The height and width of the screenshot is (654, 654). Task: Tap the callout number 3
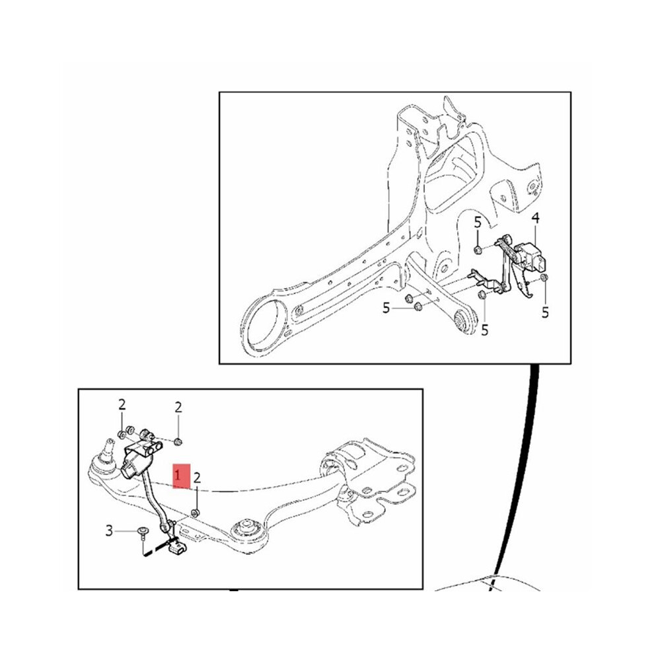tap(109, 531)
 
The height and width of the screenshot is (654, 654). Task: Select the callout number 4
tap(535, 218)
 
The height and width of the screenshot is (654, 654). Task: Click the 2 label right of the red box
tap(198, 478)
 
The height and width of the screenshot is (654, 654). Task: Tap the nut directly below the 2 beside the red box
tap(195, 512)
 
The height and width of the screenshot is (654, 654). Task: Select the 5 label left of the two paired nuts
tap(386, 309)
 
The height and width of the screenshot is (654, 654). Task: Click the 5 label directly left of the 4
tap(478, 223)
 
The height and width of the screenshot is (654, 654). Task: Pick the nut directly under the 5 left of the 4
tap(478, 250)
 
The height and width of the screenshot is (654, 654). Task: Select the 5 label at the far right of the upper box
tap(545, 312)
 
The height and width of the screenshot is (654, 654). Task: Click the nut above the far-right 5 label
tap(544, 277)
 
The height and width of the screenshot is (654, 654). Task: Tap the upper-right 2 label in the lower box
tap(178, 408)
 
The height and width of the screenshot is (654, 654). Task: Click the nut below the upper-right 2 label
tap(178, 441)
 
